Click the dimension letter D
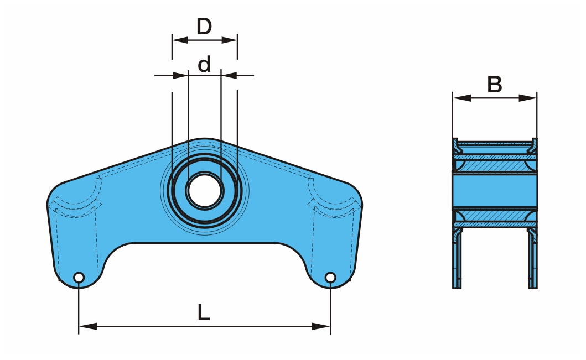point(204,27)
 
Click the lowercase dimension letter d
point(204,64)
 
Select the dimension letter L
point(203,312)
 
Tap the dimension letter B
point(495,85)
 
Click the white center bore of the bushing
point(204,190)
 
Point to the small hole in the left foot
point(79,278)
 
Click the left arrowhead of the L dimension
point(88,326)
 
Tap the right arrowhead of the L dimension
point(321,326)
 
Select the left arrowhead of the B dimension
point(461,98)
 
